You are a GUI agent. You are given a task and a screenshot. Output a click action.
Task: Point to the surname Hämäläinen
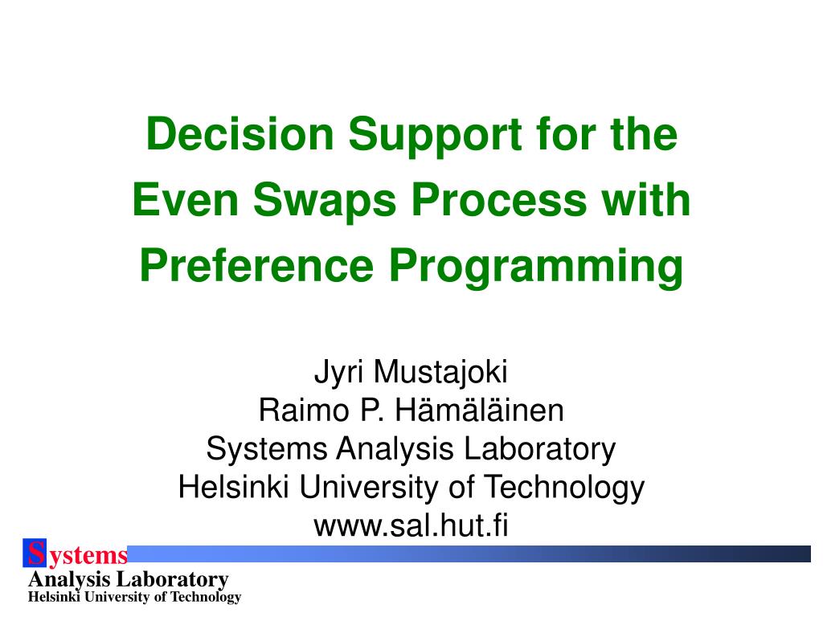pyautogui.click(x=479, y=411)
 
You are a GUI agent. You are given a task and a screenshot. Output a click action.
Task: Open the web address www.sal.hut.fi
pyautogui.click(x=411, y=527)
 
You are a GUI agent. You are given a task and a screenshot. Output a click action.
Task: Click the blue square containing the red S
pyautogui.click(x=35, y=554)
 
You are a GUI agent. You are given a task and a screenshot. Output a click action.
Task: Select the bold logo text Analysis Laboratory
pyautogui.click(x=129, y=579)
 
